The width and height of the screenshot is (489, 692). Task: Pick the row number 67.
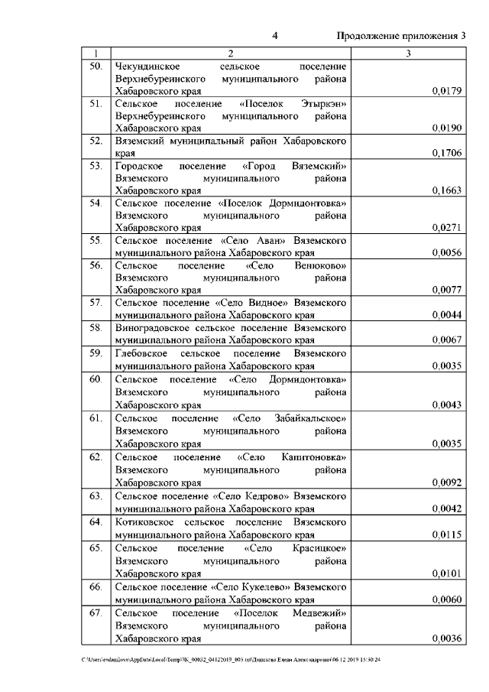(96, 612)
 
